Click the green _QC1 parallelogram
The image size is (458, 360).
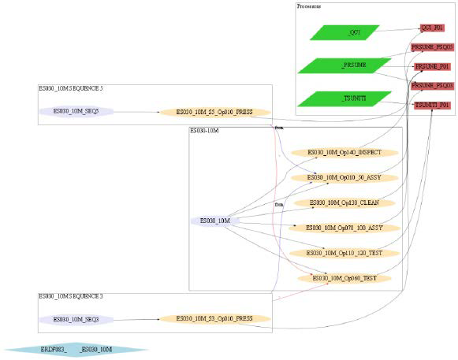coord(344,32)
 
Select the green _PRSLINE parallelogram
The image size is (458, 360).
coord(344,65)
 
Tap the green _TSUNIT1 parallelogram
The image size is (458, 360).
coord(344,98)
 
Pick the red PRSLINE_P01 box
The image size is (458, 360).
coord(432,66)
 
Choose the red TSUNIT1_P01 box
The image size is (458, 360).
coord(432,104)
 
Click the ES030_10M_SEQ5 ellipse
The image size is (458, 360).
coord(76,112)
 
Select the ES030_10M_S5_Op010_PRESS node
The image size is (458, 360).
coord(214,112)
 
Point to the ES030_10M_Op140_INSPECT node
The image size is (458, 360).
coord(344,151)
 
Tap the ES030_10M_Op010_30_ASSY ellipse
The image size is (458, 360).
coord(344,177)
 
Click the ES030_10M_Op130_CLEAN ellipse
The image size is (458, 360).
coord(344,202)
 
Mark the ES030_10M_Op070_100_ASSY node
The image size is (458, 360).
coord(344,228)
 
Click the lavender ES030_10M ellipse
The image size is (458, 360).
coord(214,221)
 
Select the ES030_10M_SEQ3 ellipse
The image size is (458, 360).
coord(76,319)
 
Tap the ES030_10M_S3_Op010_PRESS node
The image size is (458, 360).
coord(214,319)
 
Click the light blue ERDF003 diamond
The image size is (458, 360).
coord(76,349)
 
